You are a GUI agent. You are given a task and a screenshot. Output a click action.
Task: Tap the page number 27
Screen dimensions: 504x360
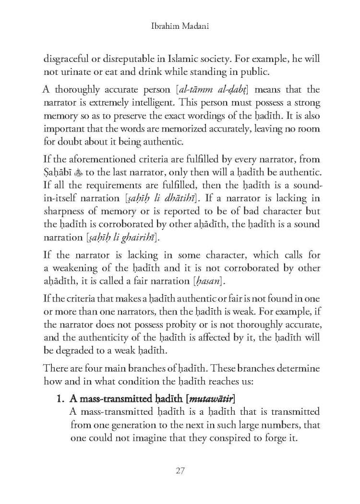[180, 470]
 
